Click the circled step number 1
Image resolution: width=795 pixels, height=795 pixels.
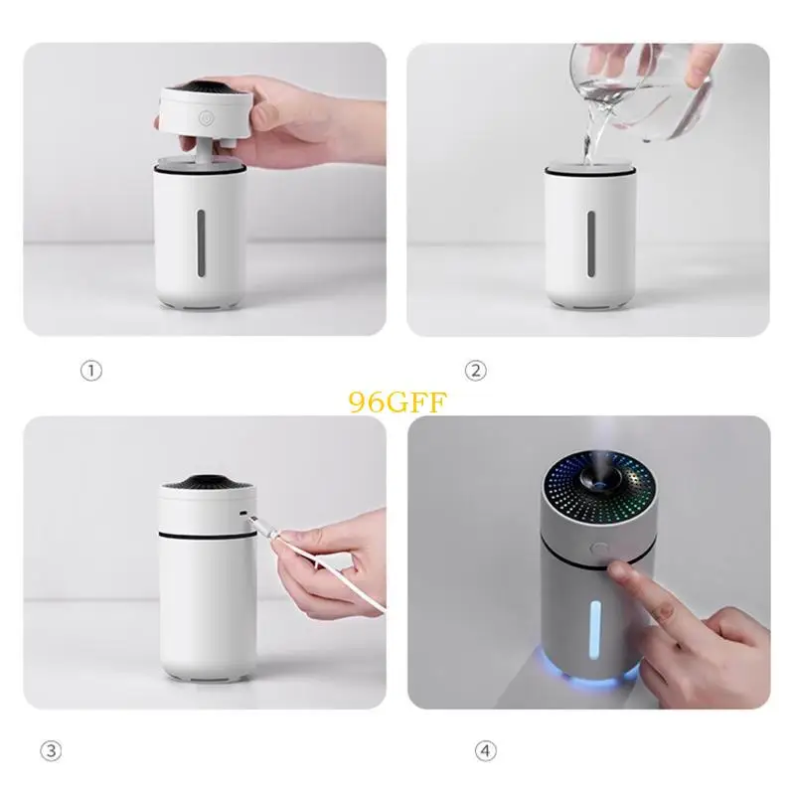click(x=91, y=371)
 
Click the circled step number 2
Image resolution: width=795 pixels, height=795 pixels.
click(x=476, y=371)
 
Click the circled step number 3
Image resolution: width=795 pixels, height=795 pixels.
click(x=91, y=749)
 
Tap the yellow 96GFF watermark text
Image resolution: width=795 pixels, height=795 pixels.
click(x=397, y=400)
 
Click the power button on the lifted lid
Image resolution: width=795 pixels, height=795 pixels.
click(x=206, y=116)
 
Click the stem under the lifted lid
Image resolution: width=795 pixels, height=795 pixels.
click(x=204, y=151)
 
